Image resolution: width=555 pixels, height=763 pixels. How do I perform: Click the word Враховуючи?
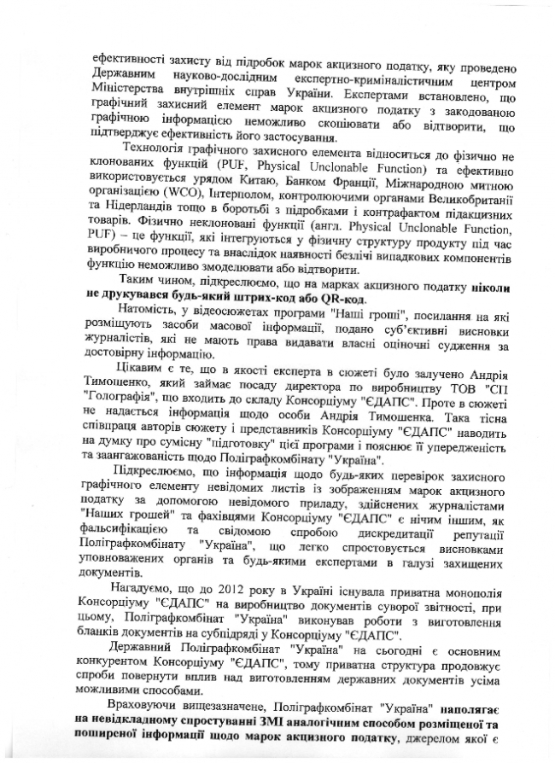point(151,708)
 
